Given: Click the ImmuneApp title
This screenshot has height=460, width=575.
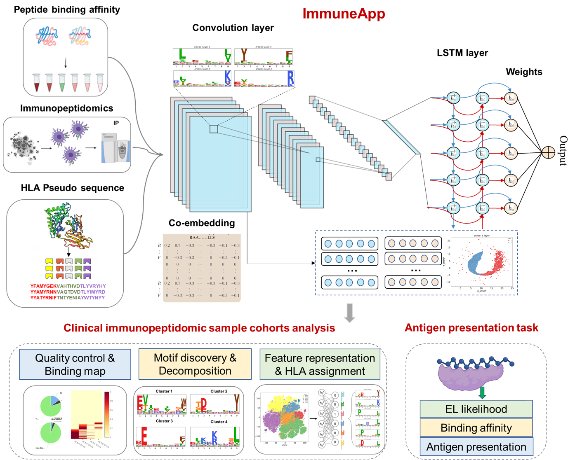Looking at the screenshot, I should click(344, 14).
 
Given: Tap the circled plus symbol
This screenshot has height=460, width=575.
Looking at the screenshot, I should click(548, 153).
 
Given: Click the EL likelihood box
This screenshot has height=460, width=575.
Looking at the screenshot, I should click(476, 409).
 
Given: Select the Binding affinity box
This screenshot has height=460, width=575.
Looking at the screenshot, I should click(476, 428).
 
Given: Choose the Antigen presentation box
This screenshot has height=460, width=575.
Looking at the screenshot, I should click(476, 447).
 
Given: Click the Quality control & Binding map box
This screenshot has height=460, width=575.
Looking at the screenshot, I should click(75, 364).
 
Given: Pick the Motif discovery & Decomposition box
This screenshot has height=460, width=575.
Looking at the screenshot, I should click(195, 364).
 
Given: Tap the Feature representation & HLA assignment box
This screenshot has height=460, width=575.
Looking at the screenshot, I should click(320, 364).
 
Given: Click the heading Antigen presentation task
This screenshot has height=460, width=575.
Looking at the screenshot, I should click(471, 328).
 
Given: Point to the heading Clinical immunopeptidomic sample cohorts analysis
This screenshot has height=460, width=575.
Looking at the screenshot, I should click(199, 328).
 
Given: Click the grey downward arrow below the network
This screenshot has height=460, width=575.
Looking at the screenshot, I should click(350, 313).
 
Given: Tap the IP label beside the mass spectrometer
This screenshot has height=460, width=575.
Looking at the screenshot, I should click(116, 123).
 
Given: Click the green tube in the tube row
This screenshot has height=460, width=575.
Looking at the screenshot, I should click(62, 82).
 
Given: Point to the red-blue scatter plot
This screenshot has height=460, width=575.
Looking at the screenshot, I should click(482, 262).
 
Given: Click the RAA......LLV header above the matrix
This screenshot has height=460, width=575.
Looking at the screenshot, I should click(203, 238).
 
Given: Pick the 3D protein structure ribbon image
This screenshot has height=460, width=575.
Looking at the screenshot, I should click(68, 224).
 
